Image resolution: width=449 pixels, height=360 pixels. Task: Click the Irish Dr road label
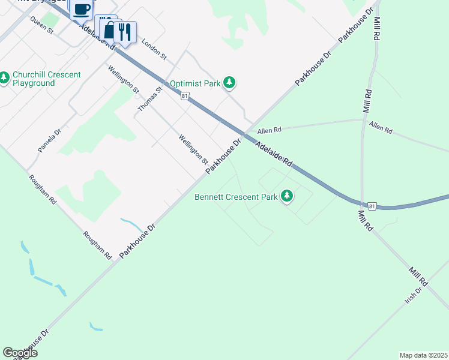(x=414, y=294)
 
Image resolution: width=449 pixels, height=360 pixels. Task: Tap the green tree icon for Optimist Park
(x=229, y=83)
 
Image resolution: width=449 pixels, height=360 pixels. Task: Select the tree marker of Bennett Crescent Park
(x=288, y=196)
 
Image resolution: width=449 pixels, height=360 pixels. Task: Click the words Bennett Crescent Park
(x=236, y=197)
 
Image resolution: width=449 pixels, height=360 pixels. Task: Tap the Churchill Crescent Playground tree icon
(x=4, y=77)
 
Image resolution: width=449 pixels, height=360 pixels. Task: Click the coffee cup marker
(x=82, y=9)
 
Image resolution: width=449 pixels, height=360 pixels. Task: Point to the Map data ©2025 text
(x=423, y=355)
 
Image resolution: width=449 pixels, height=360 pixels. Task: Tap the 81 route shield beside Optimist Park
(x=184, y=96)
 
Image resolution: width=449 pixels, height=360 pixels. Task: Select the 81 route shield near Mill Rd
(x=373, y=206)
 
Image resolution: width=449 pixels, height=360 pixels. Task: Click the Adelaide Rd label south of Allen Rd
(x=273, y=154)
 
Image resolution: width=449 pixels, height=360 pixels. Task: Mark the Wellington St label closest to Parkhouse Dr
(x=193, y=149)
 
